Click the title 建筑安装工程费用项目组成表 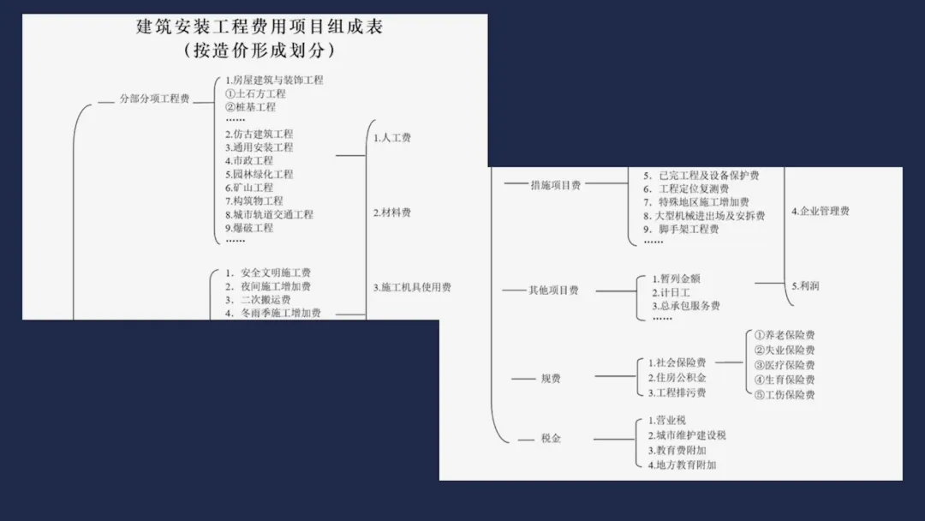[260, 27]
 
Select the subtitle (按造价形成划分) [260, 51]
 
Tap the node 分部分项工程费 [154, 99]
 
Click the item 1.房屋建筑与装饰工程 [268, 81]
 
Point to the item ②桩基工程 [250, 107]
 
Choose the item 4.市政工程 [249, 160]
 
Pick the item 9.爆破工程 [249, 228]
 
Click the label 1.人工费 [392, 137]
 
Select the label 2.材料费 [392, 213]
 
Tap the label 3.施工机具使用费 [412, 288]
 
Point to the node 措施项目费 [556, 185]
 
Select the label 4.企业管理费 [821, 211]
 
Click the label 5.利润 [805, 286]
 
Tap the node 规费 [551, 379]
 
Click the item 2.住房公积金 [677, 378]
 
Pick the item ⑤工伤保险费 [785, 395]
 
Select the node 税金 [551, 439]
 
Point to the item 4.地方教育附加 [683, 464]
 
